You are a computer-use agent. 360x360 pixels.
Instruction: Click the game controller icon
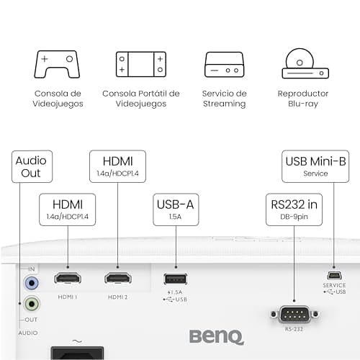56,64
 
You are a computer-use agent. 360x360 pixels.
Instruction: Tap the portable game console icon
140,64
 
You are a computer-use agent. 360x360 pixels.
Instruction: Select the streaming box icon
224,65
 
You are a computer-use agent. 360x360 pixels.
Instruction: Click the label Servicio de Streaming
224,99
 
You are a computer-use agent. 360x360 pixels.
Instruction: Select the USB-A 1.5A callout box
174,209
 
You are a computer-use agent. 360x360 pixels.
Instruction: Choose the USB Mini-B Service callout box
315,167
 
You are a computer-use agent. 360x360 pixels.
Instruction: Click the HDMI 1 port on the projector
68,278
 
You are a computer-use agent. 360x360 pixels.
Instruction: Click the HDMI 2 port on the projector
117,278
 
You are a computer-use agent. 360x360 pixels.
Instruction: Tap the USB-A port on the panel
174,279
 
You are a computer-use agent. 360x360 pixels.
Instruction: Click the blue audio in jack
30,283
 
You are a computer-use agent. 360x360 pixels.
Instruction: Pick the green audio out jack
30,304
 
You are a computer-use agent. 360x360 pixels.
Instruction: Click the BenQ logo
216,336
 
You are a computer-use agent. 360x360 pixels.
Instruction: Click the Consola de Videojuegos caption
58,99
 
